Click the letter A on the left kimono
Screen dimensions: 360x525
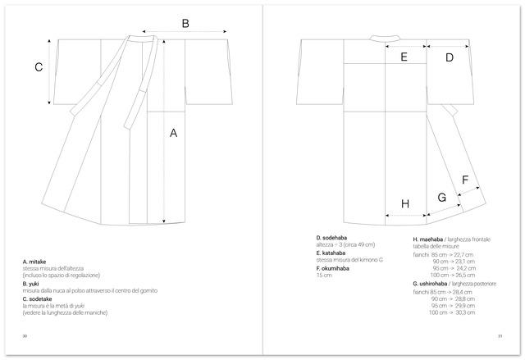(x=173, y=132)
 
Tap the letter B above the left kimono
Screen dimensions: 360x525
(x=185, y=24)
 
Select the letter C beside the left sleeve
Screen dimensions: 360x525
(x=38, y=67)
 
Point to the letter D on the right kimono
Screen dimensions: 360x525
(x=450, y=57)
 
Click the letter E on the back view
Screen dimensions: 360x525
(x=404, y=57)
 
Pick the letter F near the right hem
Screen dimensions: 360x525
(x=465, y=180)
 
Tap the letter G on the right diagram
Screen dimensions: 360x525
(x=441, y=197)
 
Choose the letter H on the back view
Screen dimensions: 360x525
(x=404, y=203)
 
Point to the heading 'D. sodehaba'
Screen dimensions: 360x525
(x=333, y=238)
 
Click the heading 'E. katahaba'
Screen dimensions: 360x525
(x=333, y=253)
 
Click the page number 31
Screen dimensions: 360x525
(x=500, y=335)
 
